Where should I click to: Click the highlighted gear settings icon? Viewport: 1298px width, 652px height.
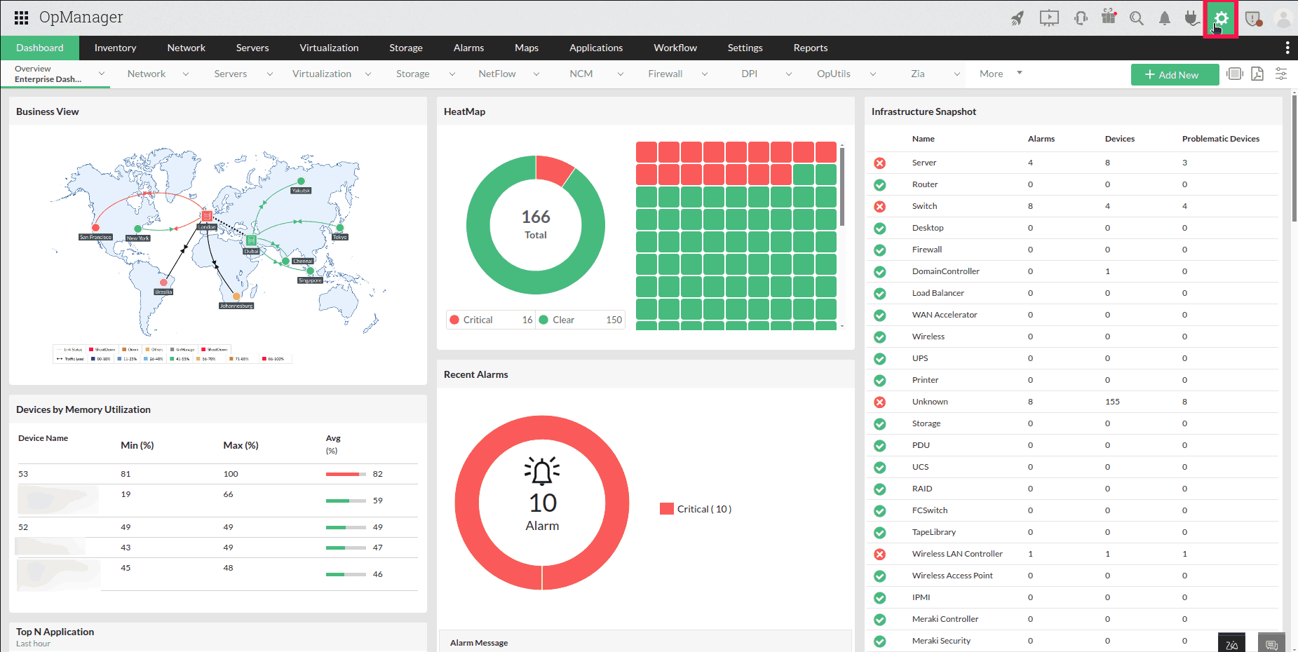pos(1221,19)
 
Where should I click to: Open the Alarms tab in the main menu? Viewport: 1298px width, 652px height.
pos(468,48)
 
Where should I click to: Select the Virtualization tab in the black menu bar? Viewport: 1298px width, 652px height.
pos(329,48)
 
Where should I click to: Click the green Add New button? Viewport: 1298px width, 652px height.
pos(1175,75)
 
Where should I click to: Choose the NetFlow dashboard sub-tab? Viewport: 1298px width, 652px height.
pos(497,74)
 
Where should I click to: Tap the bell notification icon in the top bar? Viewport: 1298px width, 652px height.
pos(1164,19)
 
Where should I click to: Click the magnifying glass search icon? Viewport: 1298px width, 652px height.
pos(1137,19)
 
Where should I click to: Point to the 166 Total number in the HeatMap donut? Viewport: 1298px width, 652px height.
pos(536,217)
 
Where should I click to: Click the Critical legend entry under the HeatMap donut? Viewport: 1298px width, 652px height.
pos(478,320)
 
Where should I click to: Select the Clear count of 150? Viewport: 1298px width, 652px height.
pos(614,320)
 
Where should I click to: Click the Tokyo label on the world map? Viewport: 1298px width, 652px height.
pos(340,237)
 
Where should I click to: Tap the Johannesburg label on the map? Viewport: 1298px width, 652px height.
pos(236,306)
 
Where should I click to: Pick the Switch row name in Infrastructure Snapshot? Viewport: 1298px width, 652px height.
pos(924,206)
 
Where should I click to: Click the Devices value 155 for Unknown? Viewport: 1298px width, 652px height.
pos(1112,402)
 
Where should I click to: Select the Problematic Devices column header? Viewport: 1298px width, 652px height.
pos(1220,139)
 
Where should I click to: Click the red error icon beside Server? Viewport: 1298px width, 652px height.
pos(880,163)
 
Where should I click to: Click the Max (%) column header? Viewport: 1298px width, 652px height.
pos(241,445)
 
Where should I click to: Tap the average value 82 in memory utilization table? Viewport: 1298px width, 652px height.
pos(378,474)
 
